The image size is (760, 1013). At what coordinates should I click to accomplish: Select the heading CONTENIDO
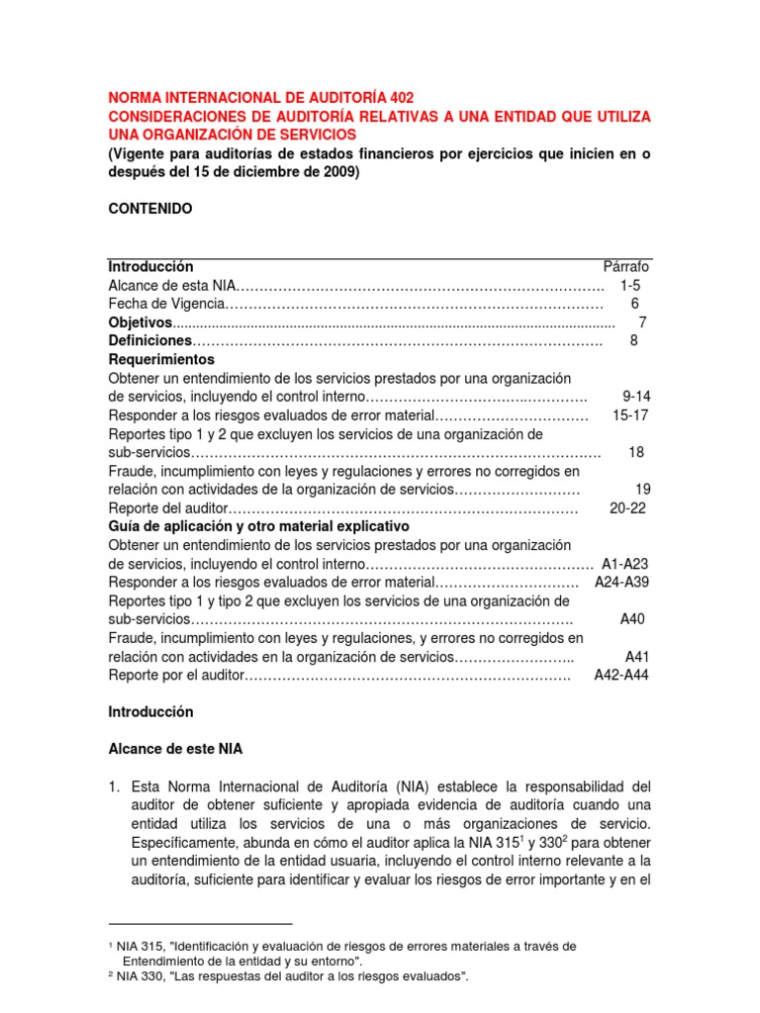tap(150, 209)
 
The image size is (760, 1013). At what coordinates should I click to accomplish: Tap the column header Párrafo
tap(626, 267)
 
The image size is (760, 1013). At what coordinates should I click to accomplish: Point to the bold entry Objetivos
tap(140, 322)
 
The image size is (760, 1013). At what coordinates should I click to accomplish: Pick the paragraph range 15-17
tap(629, 415)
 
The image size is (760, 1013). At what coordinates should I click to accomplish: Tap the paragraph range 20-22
tap(628, 508)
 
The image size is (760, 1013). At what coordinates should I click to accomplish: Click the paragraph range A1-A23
tap(624, 564)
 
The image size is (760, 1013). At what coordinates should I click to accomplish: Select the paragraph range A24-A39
tap(622, 583)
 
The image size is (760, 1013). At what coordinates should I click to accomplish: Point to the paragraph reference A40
tap(632, 619)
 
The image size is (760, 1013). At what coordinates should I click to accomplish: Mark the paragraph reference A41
tap(637, 657)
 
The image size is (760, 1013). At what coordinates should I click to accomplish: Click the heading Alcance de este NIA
tap(175, 749)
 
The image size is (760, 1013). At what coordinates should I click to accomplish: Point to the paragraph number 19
tap(643, 490)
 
